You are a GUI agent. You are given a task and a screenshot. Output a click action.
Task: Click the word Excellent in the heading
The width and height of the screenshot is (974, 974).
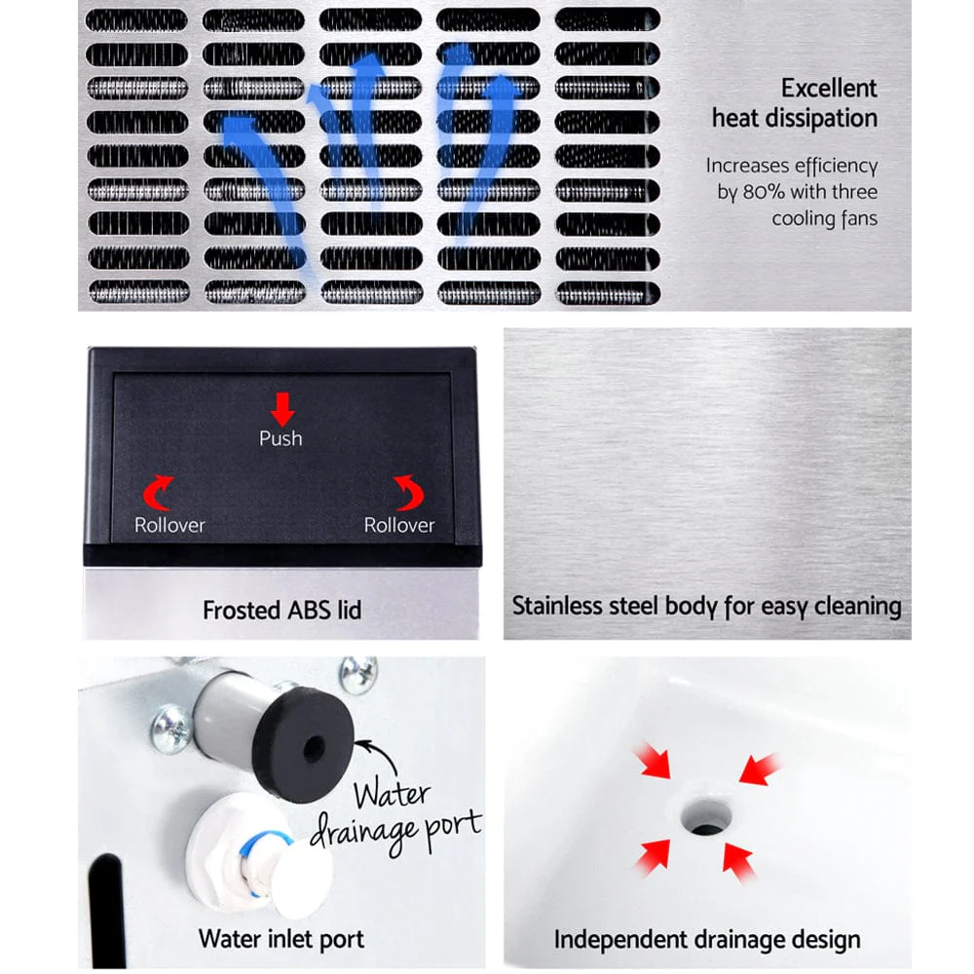(x=828, y=88)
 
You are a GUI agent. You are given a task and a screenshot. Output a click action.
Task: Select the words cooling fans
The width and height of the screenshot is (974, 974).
(x=824, y=218)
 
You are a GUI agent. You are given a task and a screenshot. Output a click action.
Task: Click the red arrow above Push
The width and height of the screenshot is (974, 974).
(x=281, y=407)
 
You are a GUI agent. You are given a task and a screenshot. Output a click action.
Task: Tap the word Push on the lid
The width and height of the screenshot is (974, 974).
(x=281, y=438)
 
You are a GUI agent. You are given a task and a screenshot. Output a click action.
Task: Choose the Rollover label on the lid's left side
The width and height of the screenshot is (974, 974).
(x=169, y=525)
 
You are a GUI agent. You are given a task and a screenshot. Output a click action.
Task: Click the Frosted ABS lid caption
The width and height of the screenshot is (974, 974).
(x=281, y=611)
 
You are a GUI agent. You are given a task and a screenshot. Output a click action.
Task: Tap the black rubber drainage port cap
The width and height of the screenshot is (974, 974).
(x=309, y=749)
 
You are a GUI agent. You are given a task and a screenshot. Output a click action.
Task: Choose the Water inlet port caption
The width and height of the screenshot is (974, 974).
(x=281, y=939)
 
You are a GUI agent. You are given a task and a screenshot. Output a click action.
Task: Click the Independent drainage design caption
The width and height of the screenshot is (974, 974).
(x=706, y=940)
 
